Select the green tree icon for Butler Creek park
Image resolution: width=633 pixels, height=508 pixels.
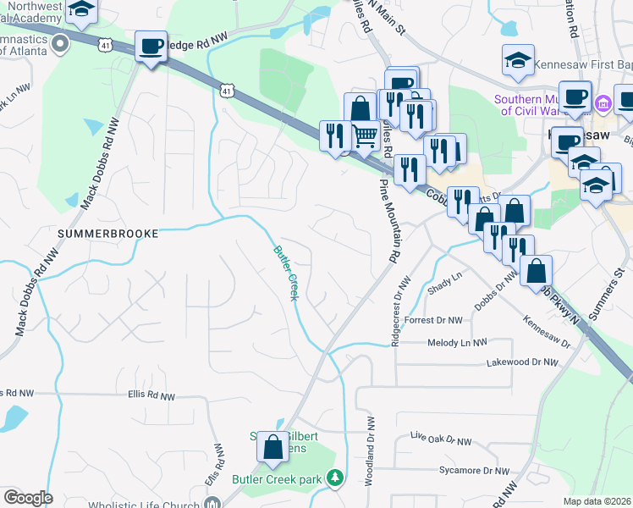coord(336,478)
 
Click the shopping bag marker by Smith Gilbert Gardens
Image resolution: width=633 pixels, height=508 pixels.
coord(273,448)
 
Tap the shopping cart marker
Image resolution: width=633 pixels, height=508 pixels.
coord(364,134)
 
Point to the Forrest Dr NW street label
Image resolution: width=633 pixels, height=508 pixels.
coord(434,321)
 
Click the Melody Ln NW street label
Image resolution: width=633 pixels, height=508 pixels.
coord(458,343)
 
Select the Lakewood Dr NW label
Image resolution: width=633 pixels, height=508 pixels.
coord(522,362)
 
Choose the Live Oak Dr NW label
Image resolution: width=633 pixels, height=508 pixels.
coord(439,440)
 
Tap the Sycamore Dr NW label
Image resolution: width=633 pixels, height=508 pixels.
coord(474,470)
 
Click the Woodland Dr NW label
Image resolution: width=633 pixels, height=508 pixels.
coord(370,450)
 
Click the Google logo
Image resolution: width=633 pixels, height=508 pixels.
coord(27,498)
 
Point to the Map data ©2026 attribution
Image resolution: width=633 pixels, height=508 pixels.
coord(597,501)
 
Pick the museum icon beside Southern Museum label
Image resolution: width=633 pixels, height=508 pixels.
coord(603,104)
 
